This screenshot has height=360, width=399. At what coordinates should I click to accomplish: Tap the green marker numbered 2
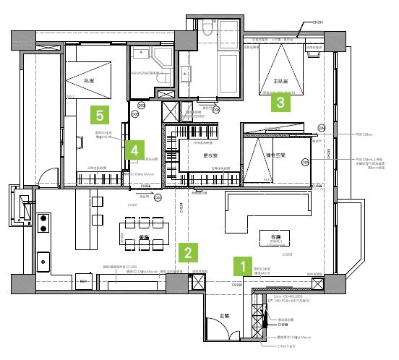click(188, 252)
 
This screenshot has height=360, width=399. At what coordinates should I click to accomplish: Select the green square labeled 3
click(281, 103)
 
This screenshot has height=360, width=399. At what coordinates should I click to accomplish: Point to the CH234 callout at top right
click(315, 22)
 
